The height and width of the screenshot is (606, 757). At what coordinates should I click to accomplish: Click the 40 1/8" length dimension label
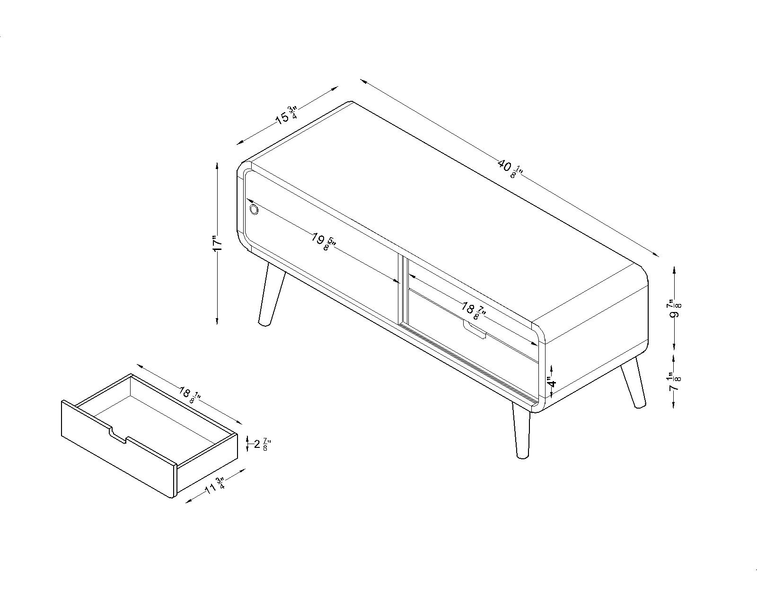[511, 169]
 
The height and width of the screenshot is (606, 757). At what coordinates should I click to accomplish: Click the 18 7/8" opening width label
[474, 311]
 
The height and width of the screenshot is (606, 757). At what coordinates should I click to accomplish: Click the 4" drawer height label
[552, 382]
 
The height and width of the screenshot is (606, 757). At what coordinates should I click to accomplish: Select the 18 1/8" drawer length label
[190, 395]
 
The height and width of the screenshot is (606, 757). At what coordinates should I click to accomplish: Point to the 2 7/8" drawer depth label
[263, 444]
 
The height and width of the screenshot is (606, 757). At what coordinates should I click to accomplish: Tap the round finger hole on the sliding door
[254, 210]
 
